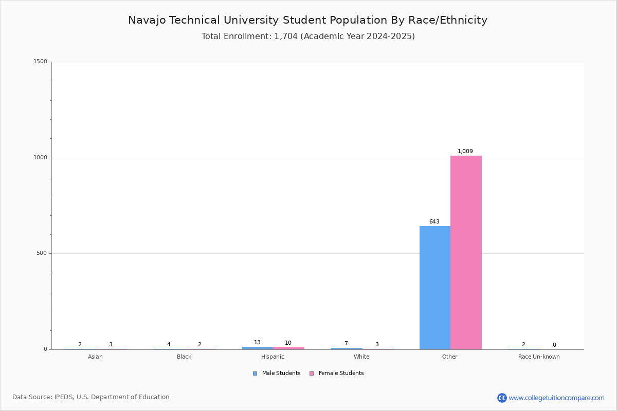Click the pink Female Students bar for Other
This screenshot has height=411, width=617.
pos(466,252)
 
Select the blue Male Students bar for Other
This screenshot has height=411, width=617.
pos(435,288)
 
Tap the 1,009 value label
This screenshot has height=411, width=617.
pos(465,151)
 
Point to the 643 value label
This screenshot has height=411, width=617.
pos(434,221)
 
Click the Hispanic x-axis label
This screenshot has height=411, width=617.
pos(273,357)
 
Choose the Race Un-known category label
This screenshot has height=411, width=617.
pos(539,357)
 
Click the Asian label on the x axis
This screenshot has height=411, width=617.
pos(95,357)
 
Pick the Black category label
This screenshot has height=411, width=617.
pos(184,357)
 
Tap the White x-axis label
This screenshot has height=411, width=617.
pos(361,357)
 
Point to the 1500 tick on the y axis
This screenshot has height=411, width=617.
pos(41,61)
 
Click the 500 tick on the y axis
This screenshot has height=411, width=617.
pos(42,253)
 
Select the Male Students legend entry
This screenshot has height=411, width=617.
pos(277,373)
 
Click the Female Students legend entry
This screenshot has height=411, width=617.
pos(337,373)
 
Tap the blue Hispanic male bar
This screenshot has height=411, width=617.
pos(258,348)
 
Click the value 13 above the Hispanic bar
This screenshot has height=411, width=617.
pos(257,343)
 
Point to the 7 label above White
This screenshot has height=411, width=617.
pos(346,344)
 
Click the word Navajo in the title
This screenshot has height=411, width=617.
pos(147,21)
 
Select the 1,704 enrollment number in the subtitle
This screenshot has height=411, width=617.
pos(286,36)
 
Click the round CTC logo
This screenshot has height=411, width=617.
pos(502,398)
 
